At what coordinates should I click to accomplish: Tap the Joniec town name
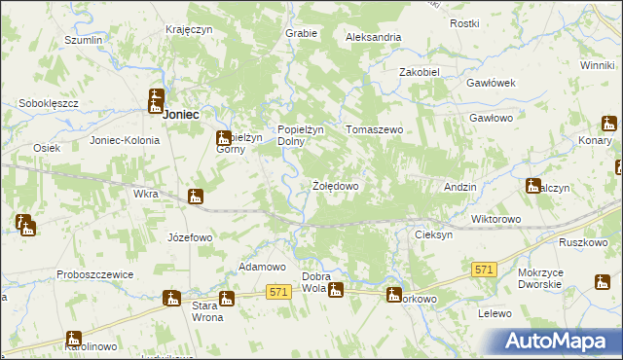(180, 114)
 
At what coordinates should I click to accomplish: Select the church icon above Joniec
(156, 99)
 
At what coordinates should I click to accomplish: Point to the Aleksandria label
(374, 37)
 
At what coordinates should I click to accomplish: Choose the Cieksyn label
(433, 235)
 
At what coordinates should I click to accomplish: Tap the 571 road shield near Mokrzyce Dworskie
(484, 268)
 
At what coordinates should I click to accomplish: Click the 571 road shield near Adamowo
(278, 291)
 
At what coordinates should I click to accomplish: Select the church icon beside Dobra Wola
(336, 287)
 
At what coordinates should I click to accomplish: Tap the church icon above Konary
(608, 125)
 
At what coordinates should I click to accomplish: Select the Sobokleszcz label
(48, 102)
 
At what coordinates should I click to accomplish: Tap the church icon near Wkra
(196, 197)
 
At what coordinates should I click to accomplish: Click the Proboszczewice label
(94, 274)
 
